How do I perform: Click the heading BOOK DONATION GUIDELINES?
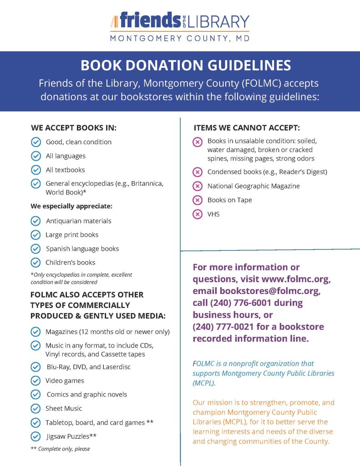point(186,66)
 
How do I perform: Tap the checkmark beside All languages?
point(35,156)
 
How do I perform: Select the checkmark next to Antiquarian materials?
point(35,221)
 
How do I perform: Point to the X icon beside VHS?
point(198,214)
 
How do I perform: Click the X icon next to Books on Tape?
point(198,200)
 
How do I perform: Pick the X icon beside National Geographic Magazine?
point(198,186)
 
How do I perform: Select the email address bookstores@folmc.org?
point(270,291)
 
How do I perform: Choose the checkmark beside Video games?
point(35,381)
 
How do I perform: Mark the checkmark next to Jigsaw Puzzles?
point(35,436)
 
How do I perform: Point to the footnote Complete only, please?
point(64,449)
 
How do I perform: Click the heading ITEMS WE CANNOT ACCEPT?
point(247,128)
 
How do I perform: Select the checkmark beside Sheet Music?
point(35,409)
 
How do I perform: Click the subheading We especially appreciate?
point(71,206)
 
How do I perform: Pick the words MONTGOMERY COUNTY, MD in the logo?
point(180,39)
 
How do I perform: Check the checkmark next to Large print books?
point(35,235)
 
